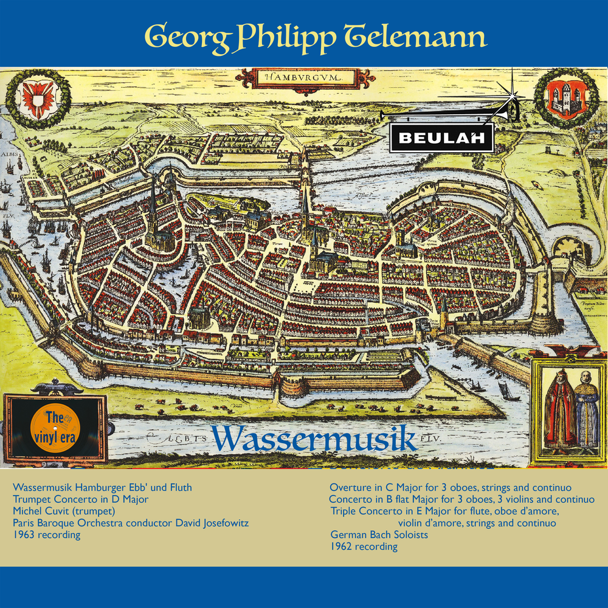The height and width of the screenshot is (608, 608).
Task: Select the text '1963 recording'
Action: pos(46,534)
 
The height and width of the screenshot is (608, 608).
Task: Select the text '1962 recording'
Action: pos(364,546)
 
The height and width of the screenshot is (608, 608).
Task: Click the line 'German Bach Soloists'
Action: pos(379,534)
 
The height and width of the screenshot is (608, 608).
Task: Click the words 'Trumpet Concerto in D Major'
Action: pos(80,499)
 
